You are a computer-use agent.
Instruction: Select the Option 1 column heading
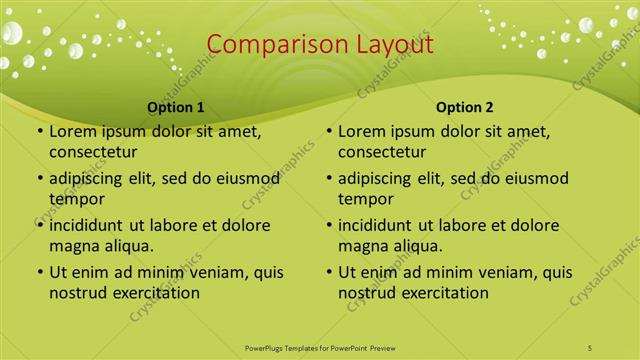click(176, 106)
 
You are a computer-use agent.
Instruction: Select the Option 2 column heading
click(465, 106)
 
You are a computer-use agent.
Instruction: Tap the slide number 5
click(591, 346)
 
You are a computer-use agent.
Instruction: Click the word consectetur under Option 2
click(382, 152)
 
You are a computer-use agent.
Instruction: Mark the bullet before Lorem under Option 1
click(39, 132)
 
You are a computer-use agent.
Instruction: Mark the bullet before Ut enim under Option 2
click(328, 273)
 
